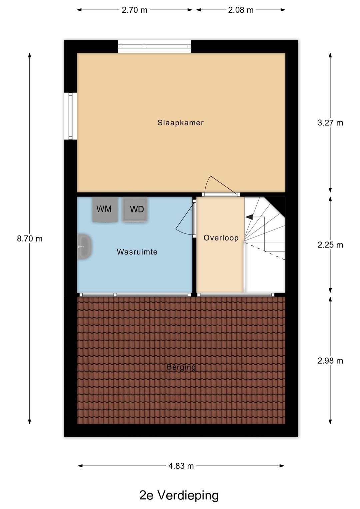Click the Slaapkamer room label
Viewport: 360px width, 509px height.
click(181, 123)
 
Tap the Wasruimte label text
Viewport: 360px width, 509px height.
click(137, 252)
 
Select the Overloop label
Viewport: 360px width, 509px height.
click(221, 238)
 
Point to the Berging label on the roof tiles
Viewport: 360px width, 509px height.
click(181, 367)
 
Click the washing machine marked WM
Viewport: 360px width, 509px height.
click(105, 209)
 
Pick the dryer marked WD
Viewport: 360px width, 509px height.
click(135, 209)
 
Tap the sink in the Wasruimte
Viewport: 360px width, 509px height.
click(84, 247)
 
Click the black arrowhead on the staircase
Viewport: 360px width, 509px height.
click(249, 217)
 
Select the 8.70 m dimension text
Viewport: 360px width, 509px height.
click(30, 239)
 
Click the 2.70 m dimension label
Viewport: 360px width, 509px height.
click(134, 10)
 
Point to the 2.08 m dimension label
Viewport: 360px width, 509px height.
click(241, 10)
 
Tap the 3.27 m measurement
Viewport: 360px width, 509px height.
click(330, 123)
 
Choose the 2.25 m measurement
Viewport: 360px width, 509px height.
click(330, 245)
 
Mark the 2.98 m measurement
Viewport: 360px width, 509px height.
click(330, 361)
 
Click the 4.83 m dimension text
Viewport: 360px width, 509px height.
click(181, 466)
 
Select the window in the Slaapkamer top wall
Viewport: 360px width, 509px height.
click(154, 47)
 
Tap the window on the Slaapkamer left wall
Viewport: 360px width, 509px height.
click(70, 116)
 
